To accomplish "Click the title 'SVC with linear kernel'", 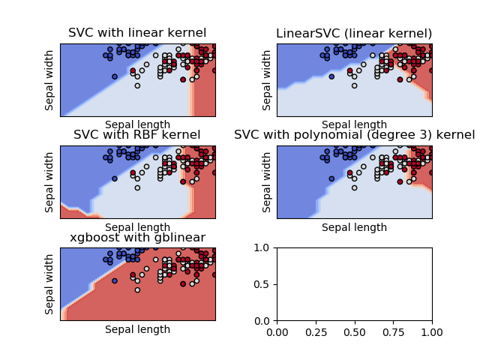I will click(137, 33).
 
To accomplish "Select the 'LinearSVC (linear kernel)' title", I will click(354, 33).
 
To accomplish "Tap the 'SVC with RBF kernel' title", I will click(137, 135).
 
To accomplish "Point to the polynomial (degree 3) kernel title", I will click(354, 135).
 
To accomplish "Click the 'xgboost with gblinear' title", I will click(137, 238).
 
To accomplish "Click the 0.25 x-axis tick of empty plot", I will click(316, 331).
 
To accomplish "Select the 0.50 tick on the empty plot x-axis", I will click(355, 331).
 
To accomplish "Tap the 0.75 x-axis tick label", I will click(394, 331).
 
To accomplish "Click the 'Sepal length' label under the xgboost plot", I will click(137, 329).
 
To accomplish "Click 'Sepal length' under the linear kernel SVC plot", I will click(137, 124).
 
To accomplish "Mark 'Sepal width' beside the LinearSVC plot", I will click(267, 79).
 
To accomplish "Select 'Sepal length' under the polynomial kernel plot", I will click(354, 227).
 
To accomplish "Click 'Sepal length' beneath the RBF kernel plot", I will click(137, 227).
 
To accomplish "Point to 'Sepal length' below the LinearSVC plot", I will click(354, 124).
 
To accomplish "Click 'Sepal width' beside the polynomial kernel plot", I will click(267, 181).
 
